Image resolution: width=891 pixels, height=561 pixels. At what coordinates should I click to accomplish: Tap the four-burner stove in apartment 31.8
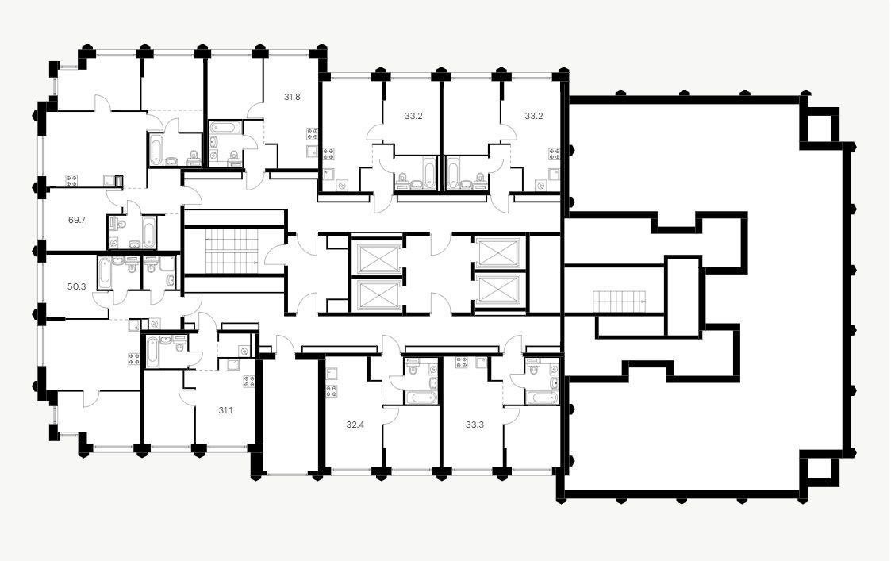[312, 133]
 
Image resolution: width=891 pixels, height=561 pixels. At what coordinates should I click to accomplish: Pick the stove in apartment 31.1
[249, 379]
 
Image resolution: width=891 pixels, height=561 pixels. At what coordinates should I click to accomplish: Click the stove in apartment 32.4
[331, 390]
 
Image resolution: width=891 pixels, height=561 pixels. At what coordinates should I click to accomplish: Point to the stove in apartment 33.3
[461, 363]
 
